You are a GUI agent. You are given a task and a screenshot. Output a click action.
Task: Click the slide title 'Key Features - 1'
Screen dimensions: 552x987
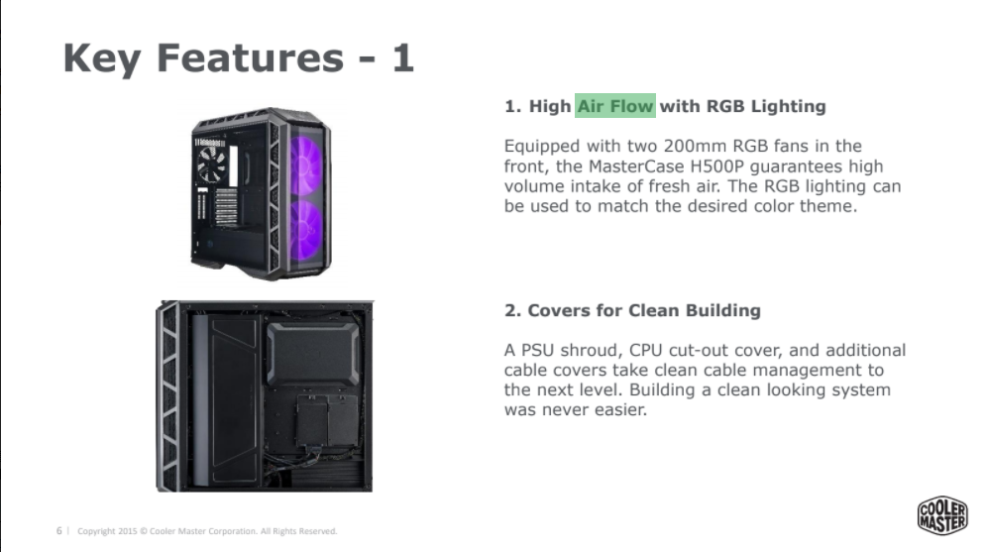(238, 57)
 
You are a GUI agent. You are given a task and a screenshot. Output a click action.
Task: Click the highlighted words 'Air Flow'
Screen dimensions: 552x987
(615, 106)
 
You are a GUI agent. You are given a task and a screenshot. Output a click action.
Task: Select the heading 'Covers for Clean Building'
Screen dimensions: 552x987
(644, 310)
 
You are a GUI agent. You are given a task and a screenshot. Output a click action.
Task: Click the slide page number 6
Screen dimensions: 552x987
(58, 531)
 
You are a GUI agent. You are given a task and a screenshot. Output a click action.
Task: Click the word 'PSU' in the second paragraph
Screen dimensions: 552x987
(536, 350)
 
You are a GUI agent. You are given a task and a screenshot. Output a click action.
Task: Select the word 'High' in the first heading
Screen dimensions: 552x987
(550, 106)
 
